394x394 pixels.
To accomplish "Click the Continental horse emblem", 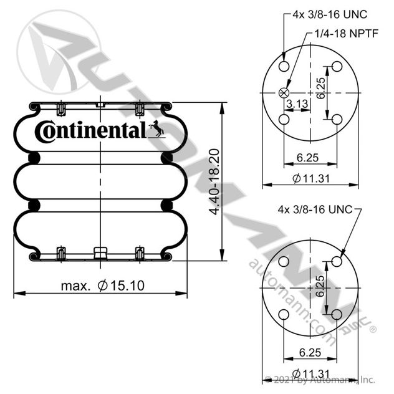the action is (x=156, y=128).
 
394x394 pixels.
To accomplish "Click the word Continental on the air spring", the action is (x=90, y=131).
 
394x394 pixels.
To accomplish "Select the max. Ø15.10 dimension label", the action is (x=103, y=286).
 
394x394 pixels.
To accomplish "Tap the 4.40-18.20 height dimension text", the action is (x=214, y=181).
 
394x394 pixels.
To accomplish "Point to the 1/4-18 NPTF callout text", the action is (x=347, y=34).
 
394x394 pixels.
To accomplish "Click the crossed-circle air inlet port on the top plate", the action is (x=284, y=93).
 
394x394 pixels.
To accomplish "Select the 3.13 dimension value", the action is (x=297, y=103).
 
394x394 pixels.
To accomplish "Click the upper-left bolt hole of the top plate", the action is (x=284, y=67).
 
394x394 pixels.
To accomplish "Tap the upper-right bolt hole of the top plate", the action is (x=337, y=67).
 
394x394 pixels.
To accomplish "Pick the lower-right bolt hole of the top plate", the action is (x=337, y=119).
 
